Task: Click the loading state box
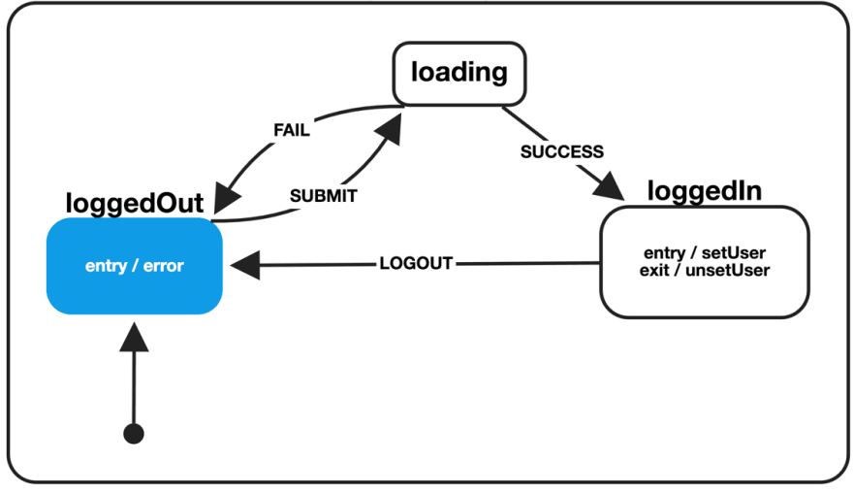(x=459, y=74)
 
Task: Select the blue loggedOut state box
(x=135, y=266)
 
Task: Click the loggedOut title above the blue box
(x=135, y=203)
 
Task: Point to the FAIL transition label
(x=292, y=130)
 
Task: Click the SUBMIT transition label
(x=323, y=195)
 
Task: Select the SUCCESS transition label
(x=562, y=151)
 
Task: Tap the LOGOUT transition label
(x=416, y=264)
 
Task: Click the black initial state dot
(x=134, y=434)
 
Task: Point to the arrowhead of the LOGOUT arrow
(x=246, y=265)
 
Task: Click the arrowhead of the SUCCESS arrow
(x=611, y=186)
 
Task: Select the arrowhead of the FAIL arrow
(x=226, y=198)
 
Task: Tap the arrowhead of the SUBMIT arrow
(x=390, y=129)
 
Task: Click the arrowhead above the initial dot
(x=134, y=337)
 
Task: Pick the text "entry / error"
(x=135, y=266)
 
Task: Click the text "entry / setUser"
(x=705, y=252)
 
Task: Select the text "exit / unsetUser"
(x=705, y=270)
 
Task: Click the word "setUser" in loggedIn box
(x=734, y=252)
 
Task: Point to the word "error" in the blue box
(x=163, y=266)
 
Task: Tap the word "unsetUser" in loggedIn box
(x=728, y=270)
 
